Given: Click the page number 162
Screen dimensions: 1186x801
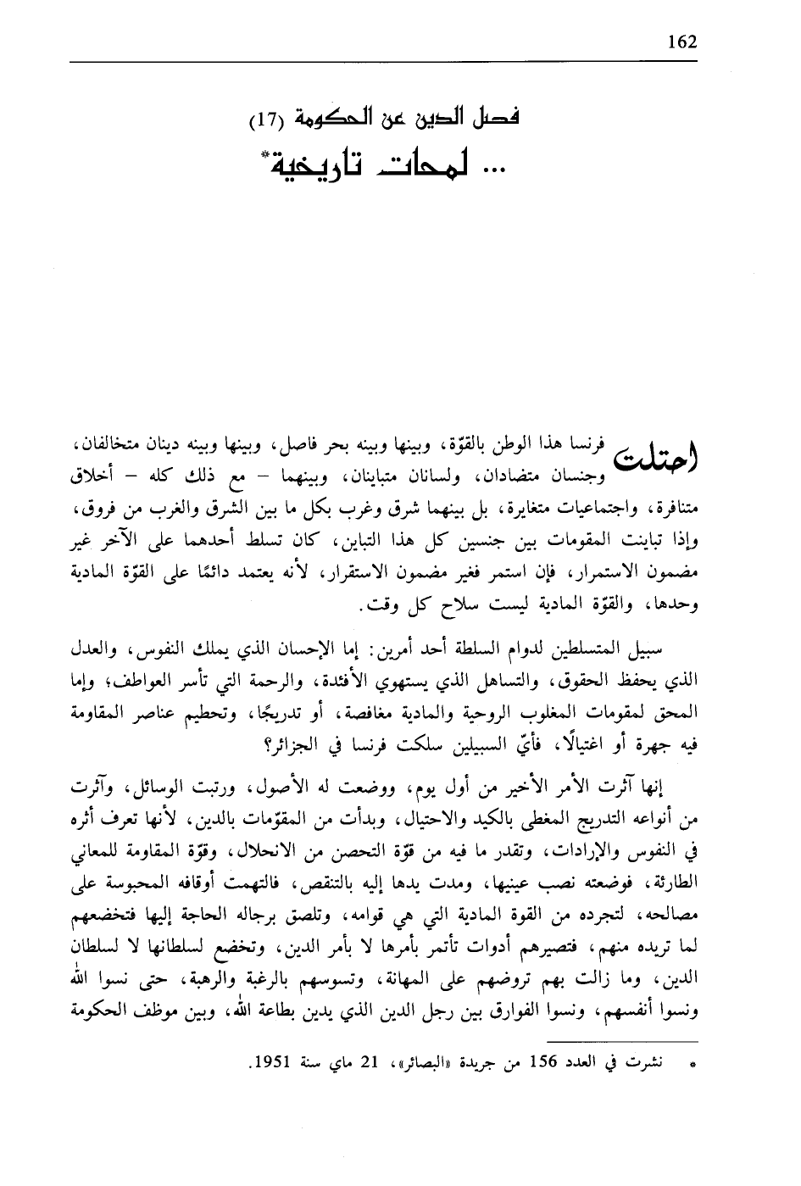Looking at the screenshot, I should (x=681, y=42).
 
